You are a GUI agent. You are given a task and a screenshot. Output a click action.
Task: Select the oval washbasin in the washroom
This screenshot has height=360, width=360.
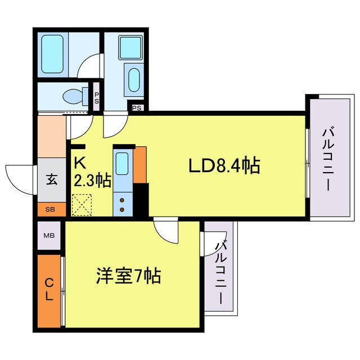point(134,80)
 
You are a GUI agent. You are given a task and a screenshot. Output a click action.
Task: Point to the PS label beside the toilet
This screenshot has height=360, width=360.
point(97,98)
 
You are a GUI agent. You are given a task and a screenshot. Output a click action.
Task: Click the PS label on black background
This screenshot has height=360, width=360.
point(136,107)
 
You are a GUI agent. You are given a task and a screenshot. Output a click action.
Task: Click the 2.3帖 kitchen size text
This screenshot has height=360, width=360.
point(92,181)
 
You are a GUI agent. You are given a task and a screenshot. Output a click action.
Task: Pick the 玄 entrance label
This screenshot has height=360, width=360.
point(51,181)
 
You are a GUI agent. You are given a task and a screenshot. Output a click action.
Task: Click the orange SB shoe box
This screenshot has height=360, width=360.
point(51,210)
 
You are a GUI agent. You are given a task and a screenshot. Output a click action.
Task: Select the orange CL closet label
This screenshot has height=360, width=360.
point(49,290)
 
